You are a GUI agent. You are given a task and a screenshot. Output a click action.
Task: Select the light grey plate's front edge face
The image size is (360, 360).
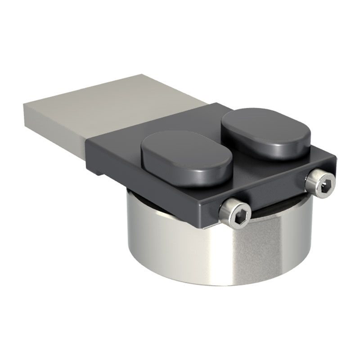point(54,126)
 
